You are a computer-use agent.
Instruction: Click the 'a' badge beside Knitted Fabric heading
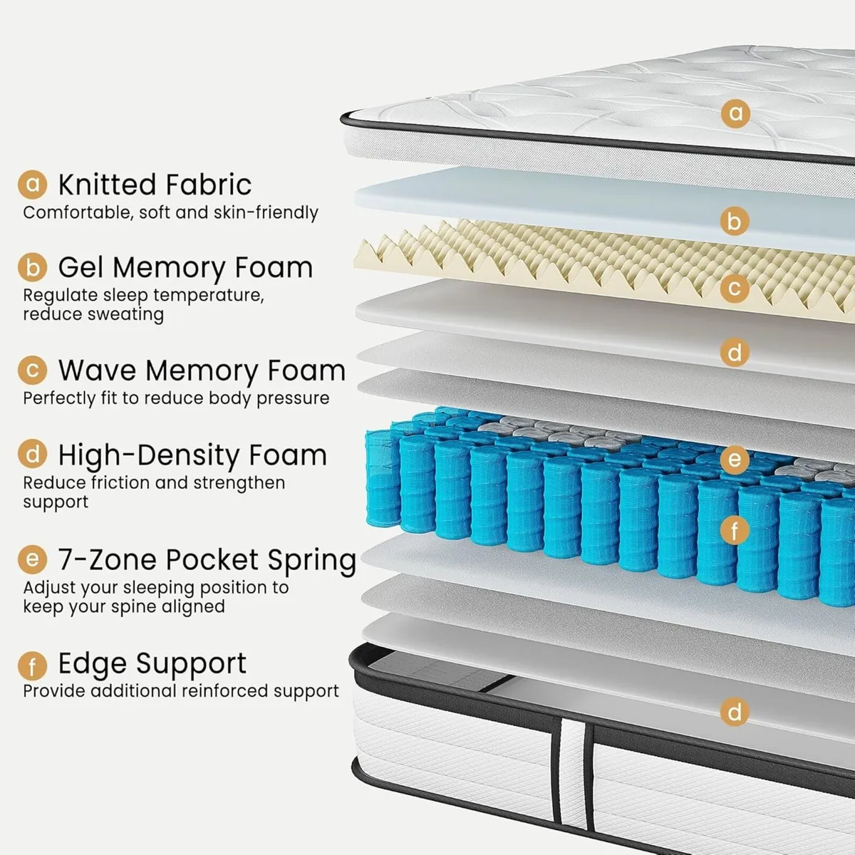[x=32, y=184]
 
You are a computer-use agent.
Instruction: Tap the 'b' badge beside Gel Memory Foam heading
[x=32, y=267]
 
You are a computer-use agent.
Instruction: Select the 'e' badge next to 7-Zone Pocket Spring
[x=32, y=559]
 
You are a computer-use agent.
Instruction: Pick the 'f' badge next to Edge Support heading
[x=32, y=666]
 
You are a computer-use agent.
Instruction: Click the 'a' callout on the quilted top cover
[x=735, y=113]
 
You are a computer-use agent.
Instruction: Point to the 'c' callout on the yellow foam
[x=735, y=289]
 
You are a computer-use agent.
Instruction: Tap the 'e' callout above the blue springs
[x=735, y=460]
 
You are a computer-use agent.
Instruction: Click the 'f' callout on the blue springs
[x=735, y=530]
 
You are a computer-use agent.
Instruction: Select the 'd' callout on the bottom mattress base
[x=735, y=712]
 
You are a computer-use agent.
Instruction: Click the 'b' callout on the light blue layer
[x=735, y=221]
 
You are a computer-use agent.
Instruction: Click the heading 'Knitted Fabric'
[x=155, y=185]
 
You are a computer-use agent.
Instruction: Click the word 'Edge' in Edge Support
[x=91, y=663]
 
